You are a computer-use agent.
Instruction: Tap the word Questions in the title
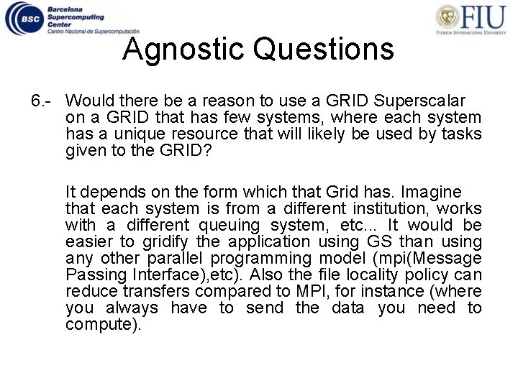click(324, 50)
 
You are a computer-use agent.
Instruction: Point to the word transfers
click(159, 292)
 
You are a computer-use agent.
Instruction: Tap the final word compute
click(103, 325)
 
